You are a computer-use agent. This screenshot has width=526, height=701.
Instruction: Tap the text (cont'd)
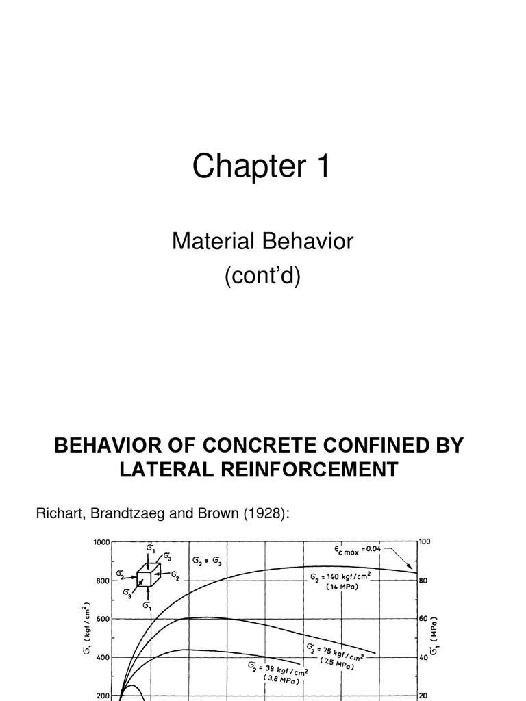click(262, 278)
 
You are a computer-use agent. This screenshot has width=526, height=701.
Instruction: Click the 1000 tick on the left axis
click(101, 542)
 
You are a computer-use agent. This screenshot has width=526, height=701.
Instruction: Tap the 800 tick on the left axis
click(104, 581)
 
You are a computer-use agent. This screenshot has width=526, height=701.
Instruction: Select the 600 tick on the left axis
click(104, 619)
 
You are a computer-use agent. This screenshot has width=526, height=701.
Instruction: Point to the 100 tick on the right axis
click(425, 542)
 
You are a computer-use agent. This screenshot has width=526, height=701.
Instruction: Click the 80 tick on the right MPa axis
click(423, 581)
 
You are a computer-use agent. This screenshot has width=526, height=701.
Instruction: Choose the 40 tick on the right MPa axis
click(423, 657)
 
